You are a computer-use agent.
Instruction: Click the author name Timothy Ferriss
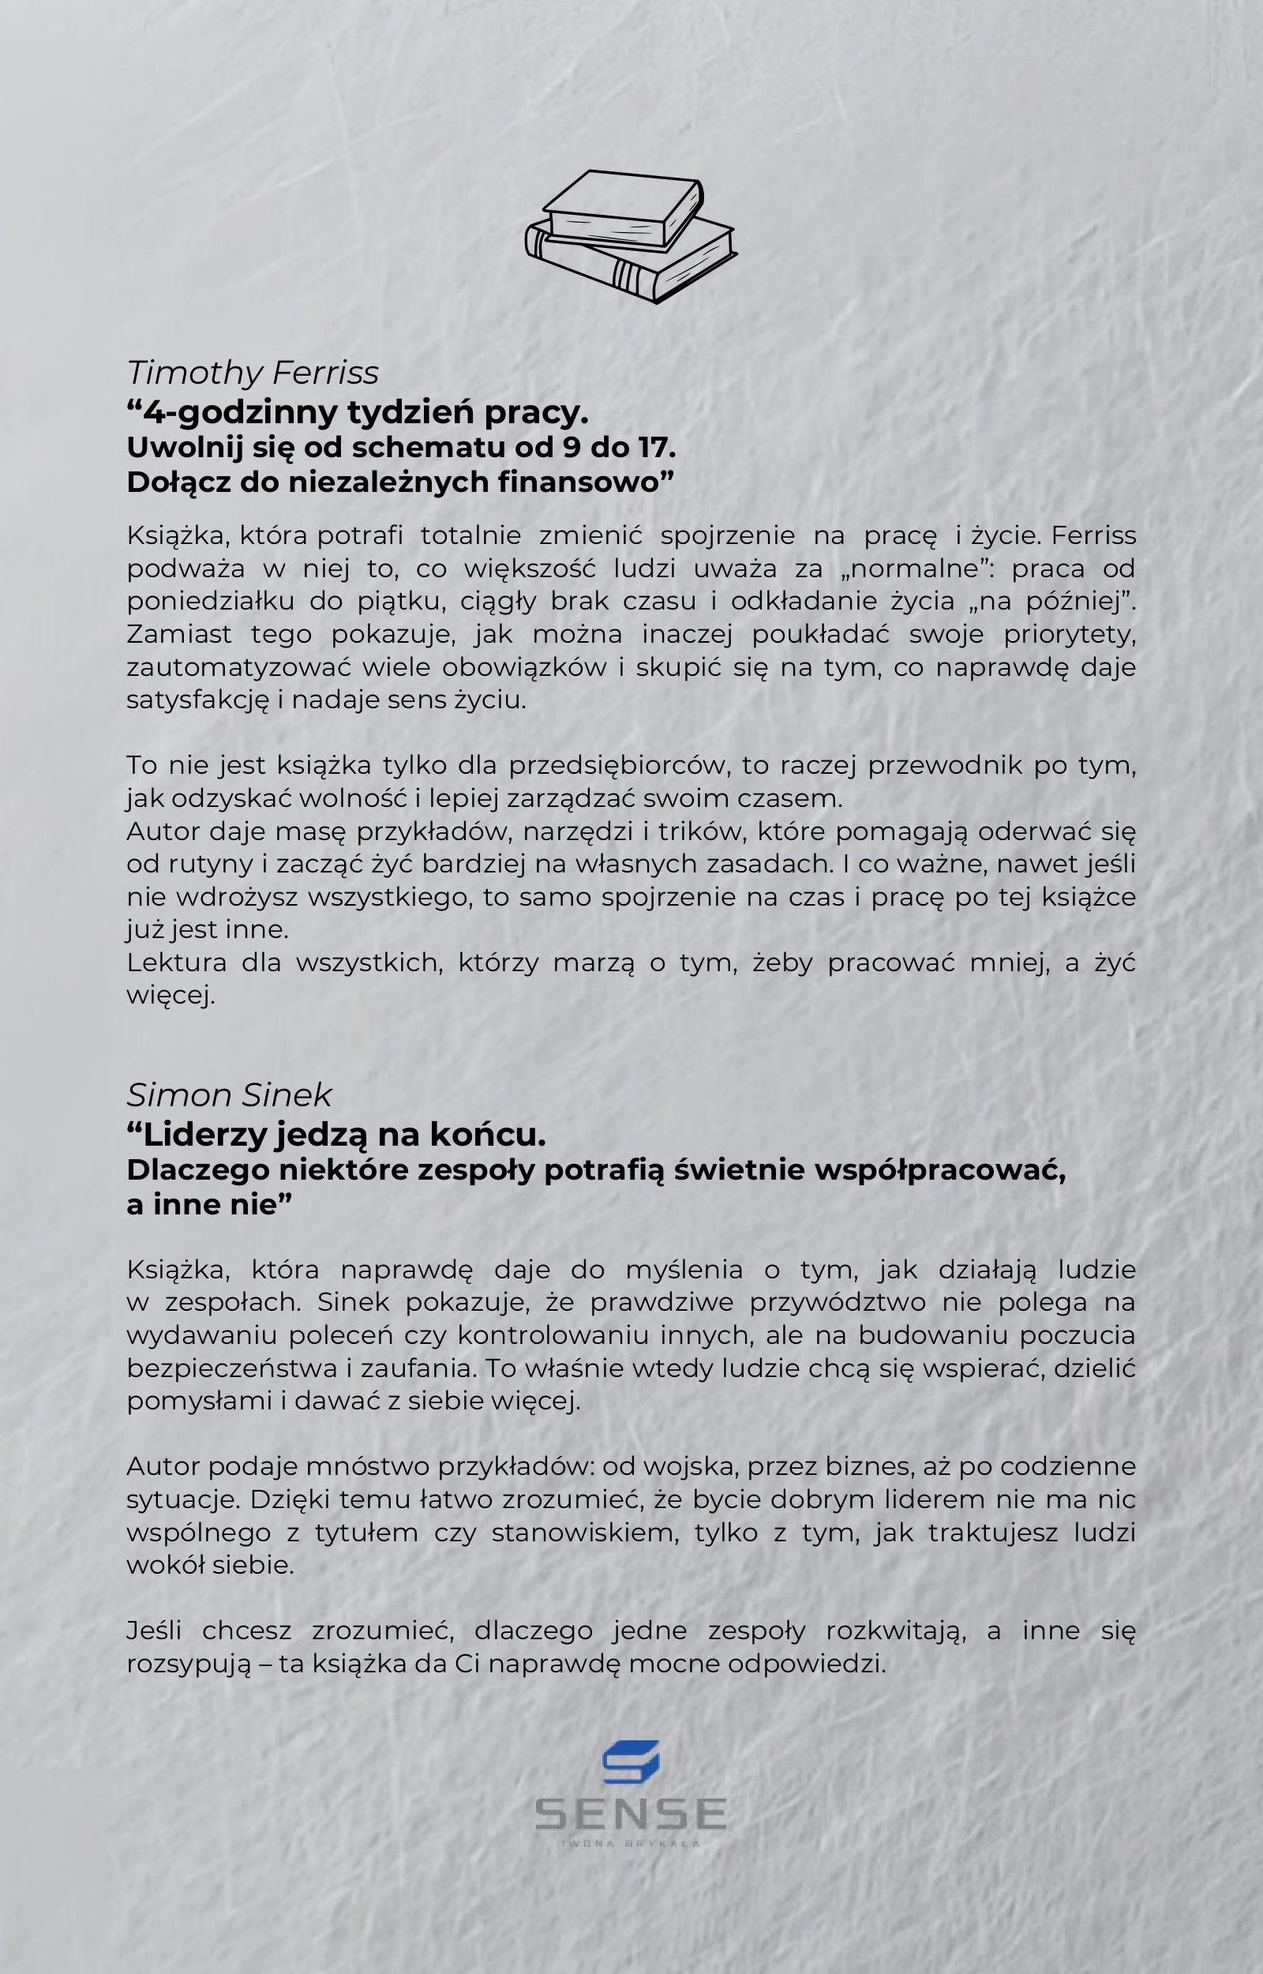[x=253, y=373]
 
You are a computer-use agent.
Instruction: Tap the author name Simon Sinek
[x=229, y=1095]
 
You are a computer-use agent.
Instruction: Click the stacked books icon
[x=631, y=236]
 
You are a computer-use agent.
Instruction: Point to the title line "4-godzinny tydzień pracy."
[x=358, y=411]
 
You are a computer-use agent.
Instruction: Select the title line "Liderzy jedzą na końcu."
[x=336, y=1135]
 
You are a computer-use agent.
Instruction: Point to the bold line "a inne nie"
[x=209, y=1205]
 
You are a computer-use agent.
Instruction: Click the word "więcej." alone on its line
[x=171, y=996]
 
